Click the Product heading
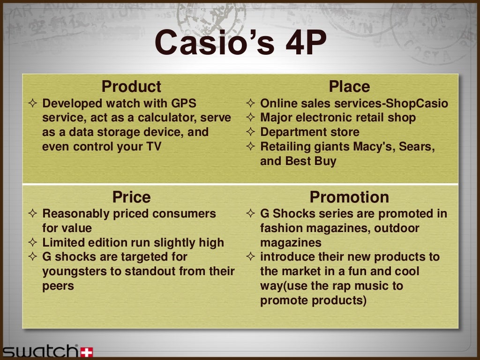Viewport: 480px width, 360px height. click(131, 87)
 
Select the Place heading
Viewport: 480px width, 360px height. click(349, 87)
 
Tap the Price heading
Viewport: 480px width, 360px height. click(131, 197)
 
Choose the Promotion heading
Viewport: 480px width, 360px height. click(349, 197)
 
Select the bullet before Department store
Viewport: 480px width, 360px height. click(251, 132)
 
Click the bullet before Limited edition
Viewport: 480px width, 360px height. click(33, 243)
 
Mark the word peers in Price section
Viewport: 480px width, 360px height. click(58, 286)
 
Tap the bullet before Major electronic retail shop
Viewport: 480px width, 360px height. click(251, 118)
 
